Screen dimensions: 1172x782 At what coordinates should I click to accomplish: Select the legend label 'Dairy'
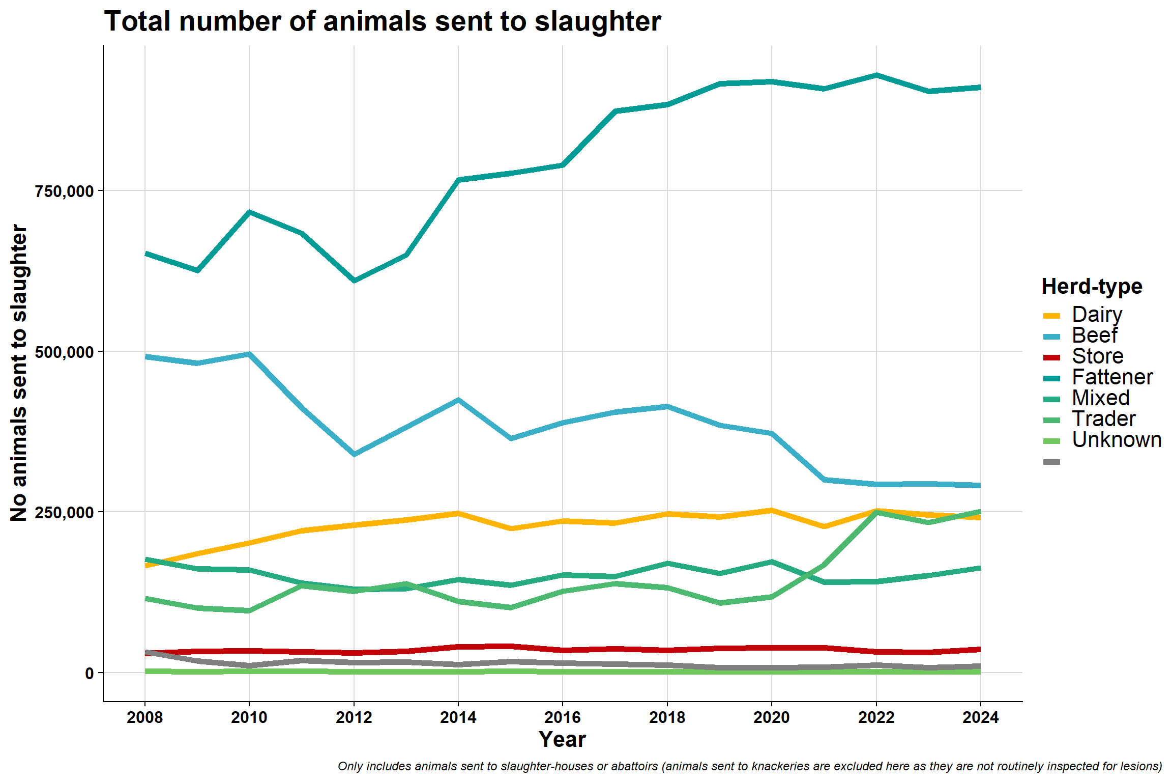click(1097, 315)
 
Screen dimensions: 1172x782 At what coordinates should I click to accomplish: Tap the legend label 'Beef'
click(1094, 336)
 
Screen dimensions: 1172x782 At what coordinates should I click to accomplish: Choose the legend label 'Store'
click(1098, 356)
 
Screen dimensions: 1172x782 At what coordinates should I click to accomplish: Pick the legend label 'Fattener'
click(1112, 377)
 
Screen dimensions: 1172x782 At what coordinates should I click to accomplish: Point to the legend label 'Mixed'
click(1101, 398)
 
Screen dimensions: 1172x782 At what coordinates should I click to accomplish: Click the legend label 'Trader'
click(1104, 419)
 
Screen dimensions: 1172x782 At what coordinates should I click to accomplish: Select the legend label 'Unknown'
click(1117, 440)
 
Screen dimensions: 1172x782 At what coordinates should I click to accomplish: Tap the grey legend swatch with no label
click(1051, 462)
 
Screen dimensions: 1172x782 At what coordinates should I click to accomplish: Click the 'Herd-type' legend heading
click(1092, 287)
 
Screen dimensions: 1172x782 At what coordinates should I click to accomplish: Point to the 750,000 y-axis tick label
click(65, 191)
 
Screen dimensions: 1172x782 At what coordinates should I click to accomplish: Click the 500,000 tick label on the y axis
click(65, 352)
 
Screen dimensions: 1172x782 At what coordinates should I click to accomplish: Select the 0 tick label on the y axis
click(90, 673)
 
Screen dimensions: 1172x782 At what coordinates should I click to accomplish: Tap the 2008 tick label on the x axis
click(145, 717)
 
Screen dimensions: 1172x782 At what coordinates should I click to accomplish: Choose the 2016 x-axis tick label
click(563, 717)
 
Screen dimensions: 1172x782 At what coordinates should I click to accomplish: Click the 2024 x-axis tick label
click(981, 717)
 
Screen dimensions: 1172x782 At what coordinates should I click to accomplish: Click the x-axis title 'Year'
click(563, 740)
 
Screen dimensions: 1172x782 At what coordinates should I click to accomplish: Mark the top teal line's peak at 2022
click(876, 75)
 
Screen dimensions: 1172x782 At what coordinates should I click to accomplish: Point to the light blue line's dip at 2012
click(354, 454)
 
